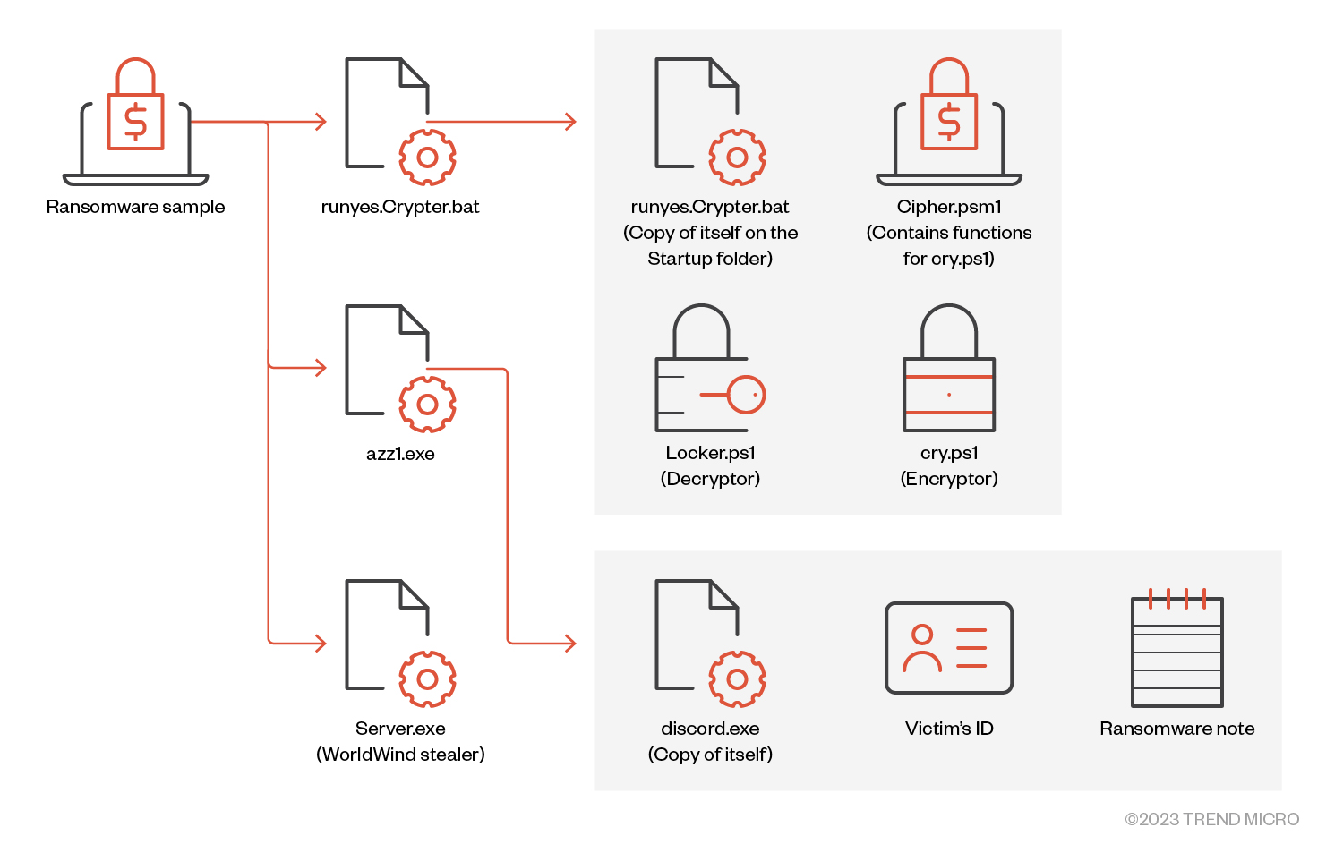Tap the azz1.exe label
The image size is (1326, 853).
(400, 454)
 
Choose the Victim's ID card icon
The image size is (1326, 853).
(949, 648)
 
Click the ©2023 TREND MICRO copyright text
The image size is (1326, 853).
(1211, 819)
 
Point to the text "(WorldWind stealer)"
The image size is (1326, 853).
(400, 755)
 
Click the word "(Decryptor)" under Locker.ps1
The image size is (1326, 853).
(710, 479)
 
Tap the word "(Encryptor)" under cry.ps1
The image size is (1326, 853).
(949, 479)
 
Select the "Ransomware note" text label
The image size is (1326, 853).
(1177, 729)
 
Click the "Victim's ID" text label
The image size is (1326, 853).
(949, 729)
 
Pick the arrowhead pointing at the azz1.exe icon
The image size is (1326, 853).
(321, 368)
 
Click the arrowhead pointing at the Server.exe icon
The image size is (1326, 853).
(321, 643)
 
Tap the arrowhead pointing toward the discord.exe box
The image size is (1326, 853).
(570, 643)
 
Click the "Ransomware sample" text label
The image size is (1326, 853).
(135, 207)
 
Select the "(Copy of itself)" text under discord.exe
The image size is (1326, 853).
(710, 755)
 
